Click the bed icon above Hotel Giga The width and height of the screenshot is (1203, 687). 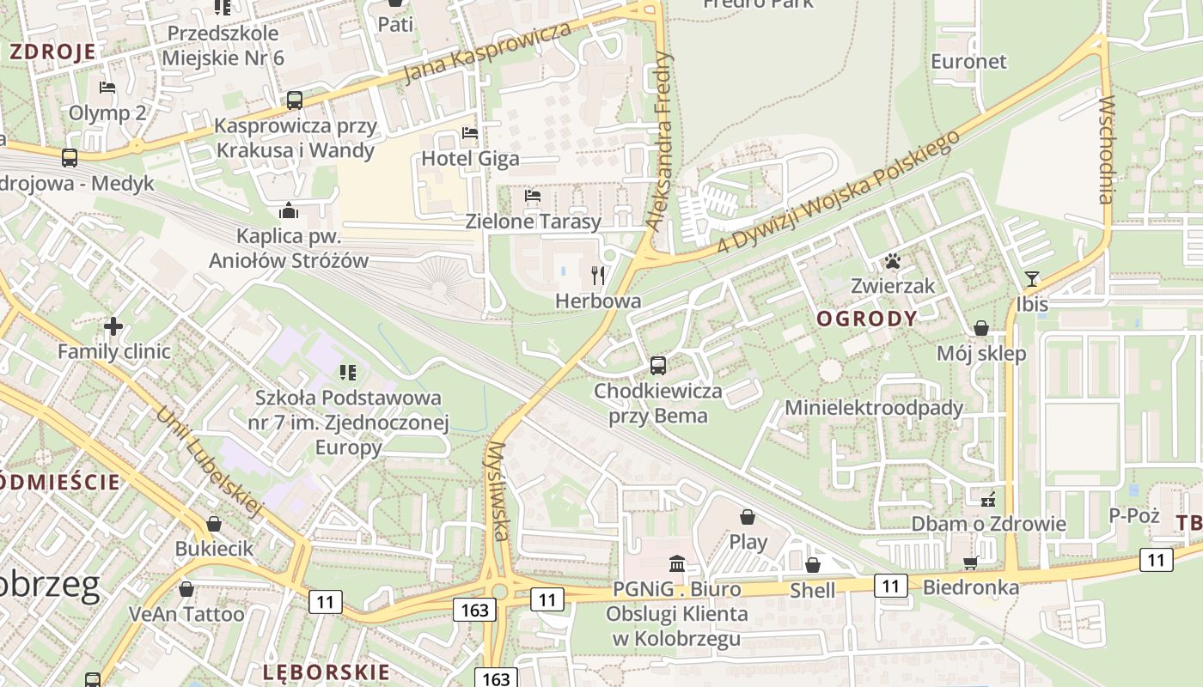470,133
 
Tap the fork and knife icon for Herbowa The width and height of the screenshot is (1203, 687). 598,276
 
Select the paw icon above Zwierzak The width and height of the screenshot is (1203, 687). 893,260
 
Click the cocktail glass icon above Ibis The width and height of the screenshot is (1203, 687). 1032,279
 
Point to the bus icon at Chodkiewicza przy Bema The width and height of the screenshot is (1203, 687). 658,366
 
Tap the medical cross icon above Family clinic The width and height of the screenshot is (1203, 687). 113,326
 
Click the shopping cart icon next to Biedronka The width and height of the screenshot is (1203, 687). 971,562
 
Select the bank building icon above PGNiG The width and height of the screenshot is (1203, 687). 677,564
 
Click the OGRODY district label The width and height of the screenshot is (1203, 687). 867,319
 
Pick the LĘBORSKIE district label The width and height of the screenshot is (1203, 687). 327,672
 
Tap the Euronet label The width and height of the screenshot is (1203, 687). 968,62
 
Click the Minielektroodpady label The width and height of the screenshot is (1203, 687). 874,407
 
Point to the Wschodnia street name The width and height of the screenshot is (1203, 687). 1106,150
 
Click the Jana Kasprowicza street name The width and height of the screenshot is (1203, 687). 487,53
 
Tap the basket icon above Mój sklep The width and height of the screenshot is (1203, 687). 980,328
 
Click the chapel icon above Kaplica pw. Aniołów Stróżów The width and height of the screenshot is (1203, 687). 289,210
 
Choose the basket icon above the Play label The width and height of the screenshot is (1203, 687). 748,517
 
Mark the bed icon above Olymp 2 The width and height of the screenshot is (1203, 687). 107,88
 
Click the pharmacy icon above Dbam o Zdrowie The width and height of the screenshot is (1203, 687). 988,498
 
